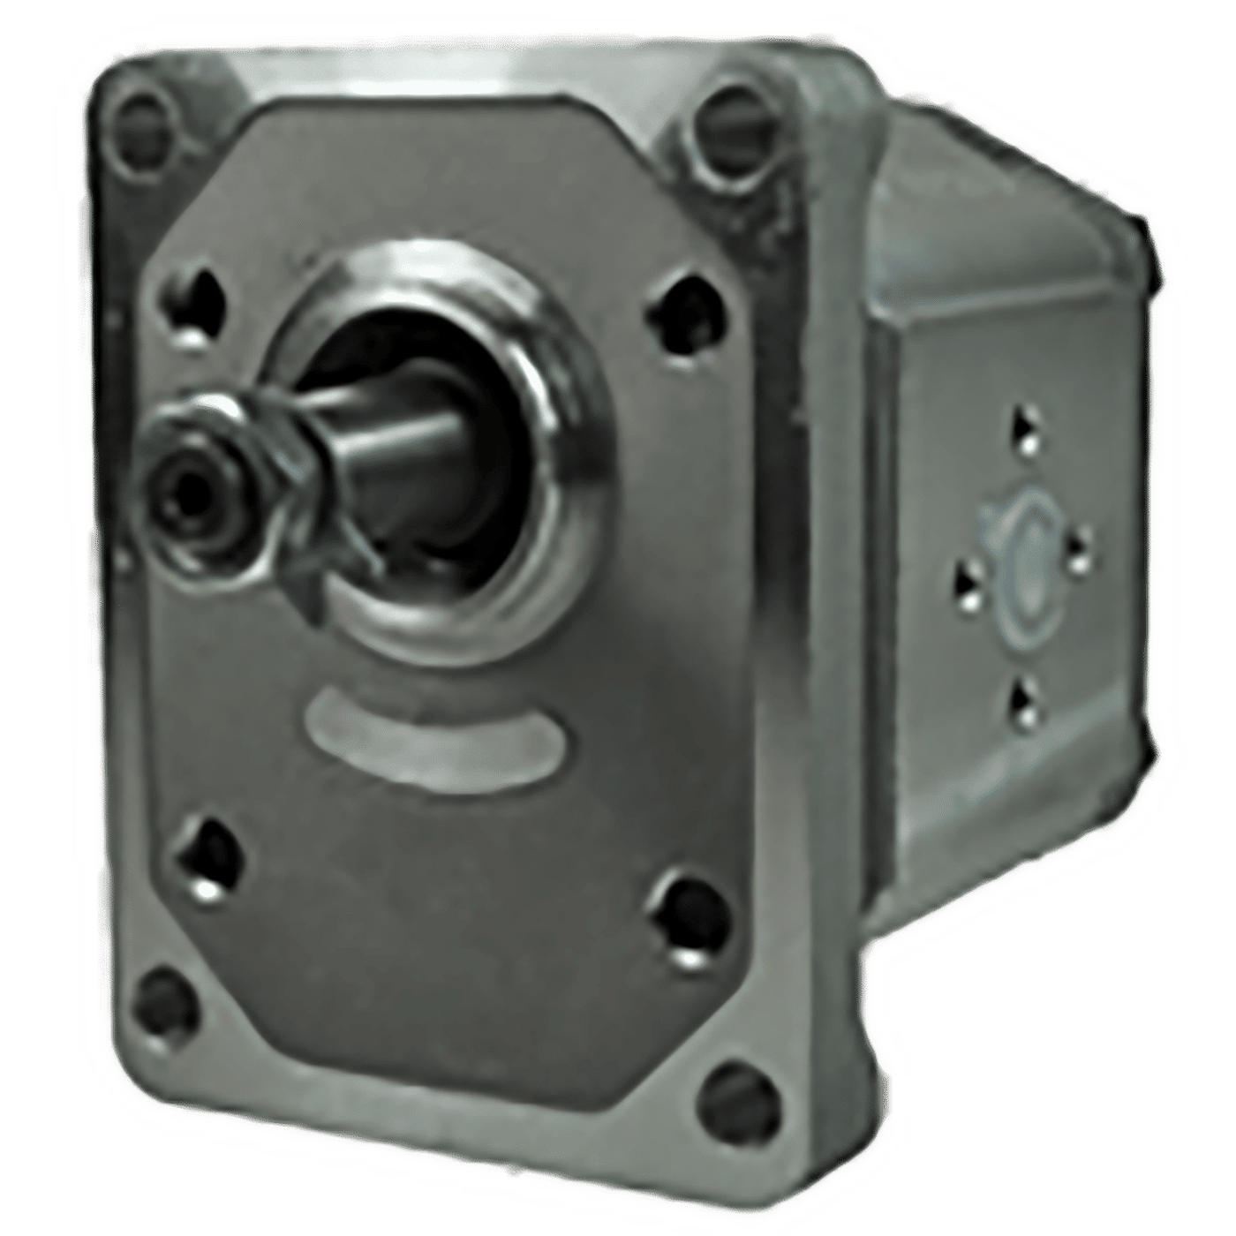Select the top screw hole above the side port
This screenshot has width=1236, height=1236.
(x=1025, y=431)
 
